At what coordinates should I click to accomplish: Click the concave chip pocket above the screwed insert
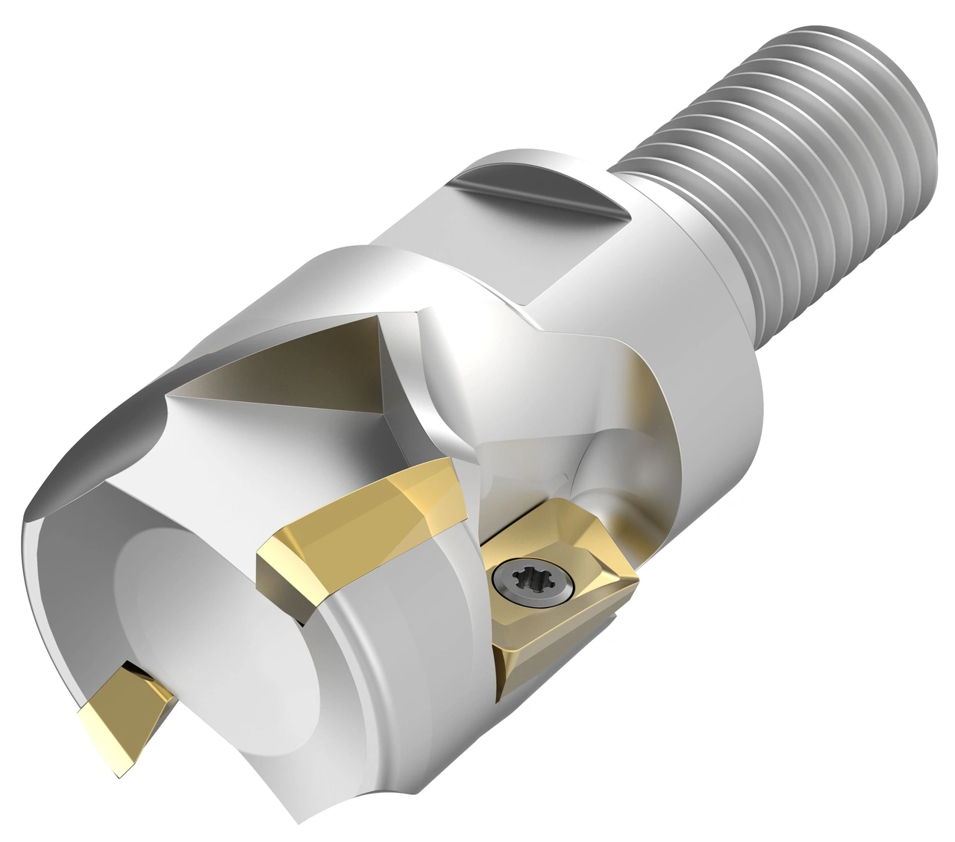pyautogui.click(x=522, y=462)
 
